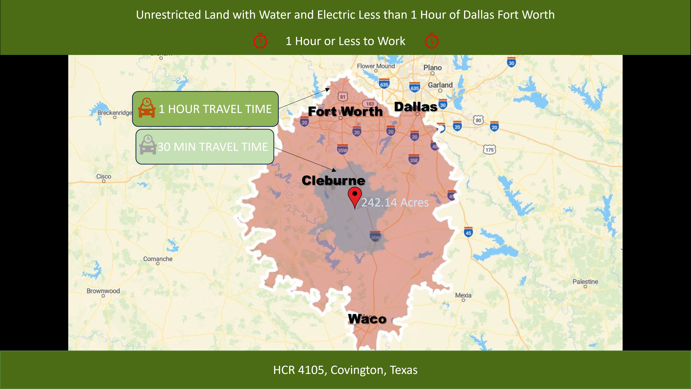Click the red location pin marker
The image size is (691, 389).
(355, 196)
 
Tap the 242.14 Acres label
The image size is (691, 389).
(395, 202)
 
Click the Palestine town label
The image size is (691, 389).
(585, 282)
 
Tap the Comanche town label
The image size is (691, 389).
(158, 259)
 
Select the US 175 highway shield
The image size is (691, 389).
(489, 150)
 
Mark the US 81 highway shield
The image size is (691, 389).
(343, 97)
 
